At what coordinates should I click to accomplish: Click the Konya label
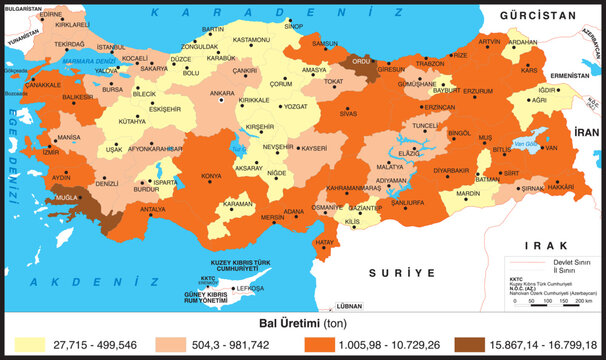click(x=212, y=177)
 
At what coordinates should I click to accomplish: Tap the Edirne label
click(x=50, y=15)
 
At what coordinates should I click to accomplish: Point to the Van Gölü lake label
click(x=527, y=147)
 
